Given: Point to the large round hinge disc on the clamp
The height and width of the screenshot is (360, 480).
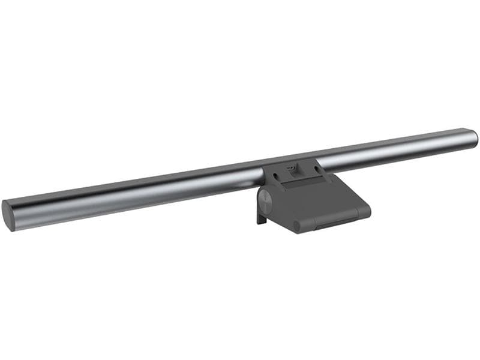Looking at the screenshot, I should pos(265,200).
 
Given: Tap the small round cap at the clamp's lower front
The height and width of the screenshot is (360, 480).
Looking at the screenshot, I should pos(296,226).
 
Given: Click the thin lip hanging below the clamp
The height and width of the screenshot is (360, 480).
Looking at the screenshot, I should pos(260,217).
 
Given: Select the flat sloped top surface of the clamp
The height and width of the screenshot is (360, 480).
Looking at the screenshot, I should pos(318,195).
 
